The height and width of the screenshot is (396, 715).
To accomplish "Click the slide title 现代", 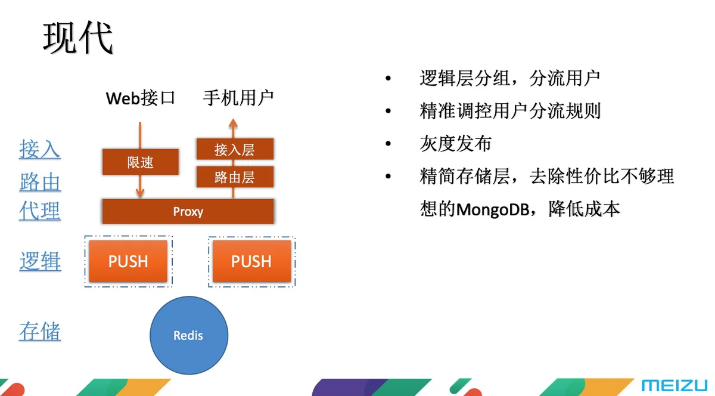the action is click(78, 38).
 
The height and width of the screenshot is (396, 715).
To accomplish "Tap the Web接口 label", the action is click(141, 98).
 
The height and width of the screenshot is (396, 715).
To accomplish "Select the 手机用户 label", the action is click(238, 97).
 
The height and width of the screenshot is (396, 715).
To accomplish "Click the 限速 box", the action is click(141, 162).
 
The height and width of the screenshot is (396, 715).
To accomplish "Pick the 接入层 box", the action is click(235, 149).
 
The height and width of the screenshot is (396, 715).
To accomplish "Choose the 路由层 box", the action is click(235, 177).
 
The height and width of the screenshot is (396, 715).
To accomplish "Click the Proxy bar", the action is click(188, 211).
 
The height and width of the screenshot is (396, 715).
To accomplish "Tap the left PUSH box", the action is click(128, 261).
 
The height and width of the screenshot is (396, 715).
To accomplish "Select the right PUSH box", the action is click(252, 261).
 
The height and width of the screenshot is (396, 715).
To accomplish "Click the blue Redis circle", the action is click(189, 335).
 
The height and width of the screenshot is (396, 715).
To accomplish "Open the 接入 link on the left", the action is click(40, 149).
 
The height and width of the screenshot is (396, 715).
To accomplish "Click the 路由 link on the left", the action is click(40, 182).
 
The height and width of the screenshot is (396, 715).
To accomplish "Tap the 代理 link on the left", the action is click(40, 211).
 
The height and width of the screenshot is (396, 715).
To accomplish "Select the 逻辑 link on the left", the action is click(40, 261).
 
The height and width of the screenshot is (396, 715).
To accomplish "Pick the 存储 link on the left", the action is click(40, 331).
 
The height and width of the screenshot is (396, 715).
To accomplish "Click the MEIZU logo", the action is click(674, 385).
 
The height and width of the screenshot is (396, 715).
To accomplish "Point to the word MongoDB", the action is click(493, 209).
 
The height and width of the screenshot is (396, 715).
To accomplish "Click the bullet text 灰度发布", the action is click(455, 144).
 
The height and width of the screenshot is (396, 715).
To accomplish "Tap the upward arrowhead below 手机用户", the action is click(233, 123).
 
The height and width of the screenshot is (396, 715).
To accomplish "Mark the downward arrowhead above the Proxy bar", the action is click(140, 193).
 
